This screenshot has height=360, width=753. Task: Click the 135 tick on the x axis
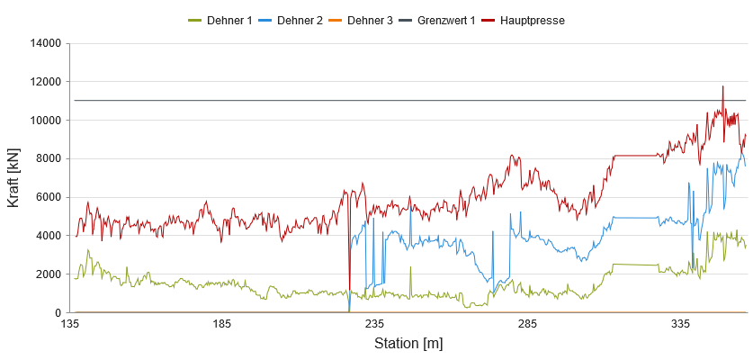pos(69,324)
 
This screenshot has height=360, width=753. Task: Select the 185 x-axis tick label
pos(222,324)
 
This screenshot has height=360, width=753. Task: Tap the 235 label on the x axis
pos(375,324)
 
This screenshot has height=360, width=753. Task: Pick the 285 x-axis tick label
pos(528,324)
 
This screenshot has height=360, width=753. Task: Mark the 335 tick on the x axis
pos(681,324)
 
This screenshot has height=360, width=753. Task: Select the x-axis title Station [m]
pos(408,344)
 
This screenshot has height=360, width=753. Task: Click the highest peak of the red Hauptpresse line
pos(722,86)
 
